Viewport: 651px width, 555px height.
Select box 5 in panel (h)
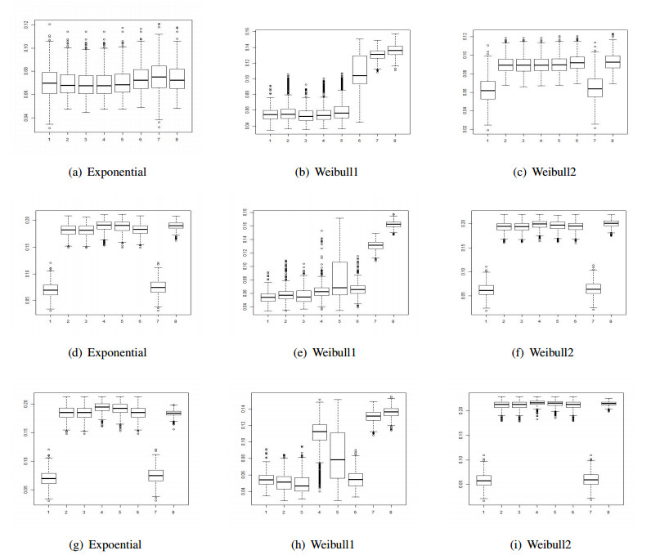coord(337,455)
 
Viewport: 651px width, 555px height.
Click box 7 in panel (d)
coord(158,287)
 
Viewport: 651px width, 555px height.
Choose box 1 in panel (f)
coord(486,289)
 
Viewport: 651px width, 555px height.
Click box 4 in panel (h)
coord(319,432)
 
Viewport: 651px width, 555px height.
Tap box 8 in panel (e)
coord(393,224)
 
